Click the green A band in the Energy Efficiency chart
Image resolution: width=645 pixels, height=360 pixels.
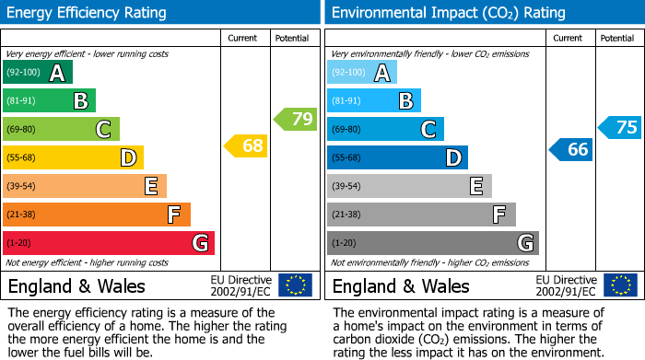38,73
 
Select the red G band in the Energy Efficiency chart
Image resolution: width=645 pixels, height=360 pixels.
109,243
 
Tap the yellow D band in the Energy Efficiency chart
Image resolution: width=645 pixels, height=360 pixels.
73,157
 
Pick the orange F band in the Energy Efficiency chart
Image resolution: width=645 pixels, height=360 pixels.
97,215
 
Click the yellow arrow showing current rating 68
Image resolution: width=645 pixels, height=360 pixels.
246,146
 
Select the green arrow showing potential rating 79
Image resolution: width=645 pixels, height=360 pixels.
295,119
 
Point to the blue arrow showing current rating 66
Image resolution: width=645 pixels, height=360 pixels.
570,149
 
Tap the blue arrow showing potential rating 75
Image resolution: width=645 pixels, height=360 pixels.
619,128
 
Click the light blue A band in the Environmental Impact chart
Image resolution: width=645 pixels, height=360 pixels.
362,73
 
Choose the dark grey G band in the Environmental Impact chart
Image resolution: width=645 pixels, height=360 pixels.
432,243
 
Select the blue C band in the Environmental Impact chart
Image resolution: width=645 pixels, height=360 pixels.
385,129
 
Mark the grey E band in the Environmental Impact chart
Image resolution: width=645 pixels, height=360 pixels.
409,186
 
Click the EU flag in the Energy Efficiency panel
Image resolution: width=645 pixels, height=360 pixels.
295,285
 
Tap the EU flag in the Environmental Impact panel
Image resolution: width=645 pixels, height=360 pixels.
622,285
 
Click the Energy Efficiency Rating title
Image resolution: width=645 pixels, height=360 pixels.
88,13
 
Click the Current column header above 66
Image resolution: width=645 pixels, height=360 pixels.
569,38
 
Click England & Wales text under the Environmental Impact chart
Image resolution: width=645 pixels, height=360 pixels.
401,286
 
